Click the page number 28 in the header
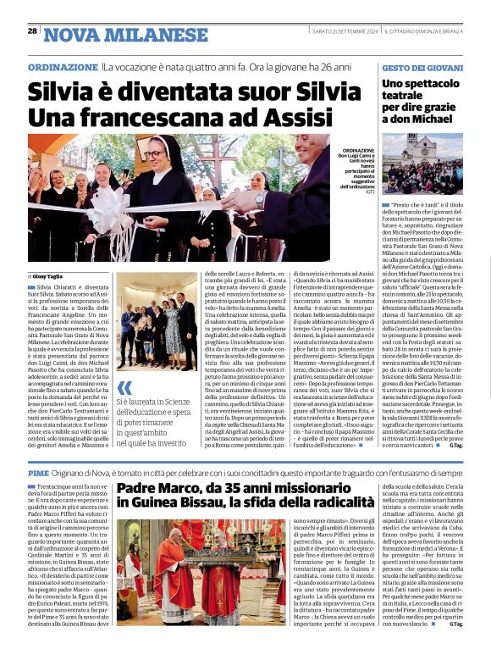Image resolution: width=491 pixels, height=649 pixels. [32, 31]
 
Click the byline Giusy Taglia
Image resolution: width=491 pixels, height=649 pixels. [52, 277]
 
